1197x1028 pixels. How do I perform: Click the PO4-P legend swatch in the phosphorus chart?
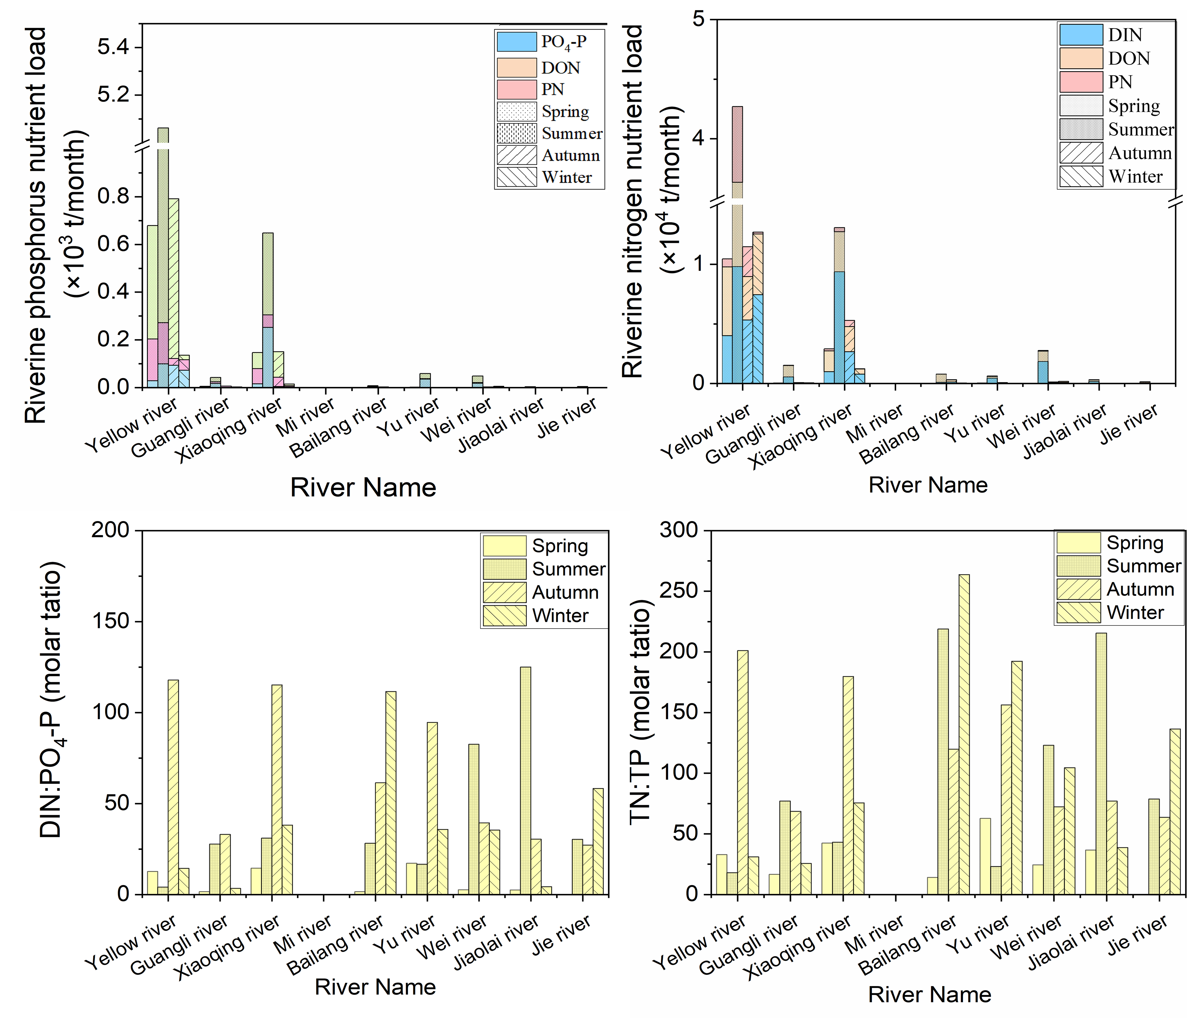coord(516,42)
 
